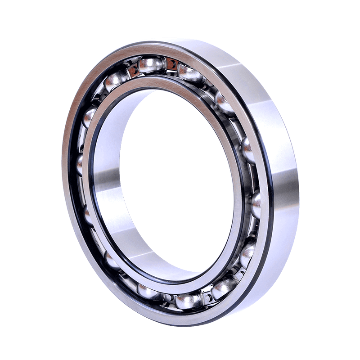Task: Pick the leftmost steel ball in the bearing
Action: [x=81, y=164]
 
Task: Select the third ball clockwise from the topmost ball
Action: [x=247, y=148]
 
